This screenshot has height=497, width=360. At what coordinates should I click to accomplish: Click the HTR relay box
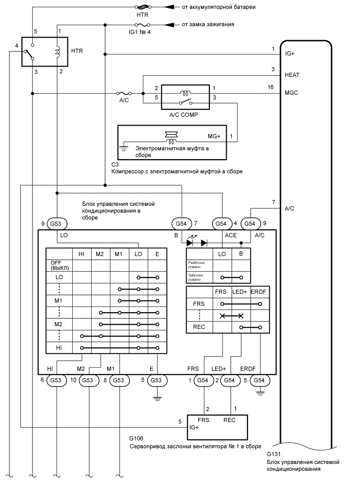pyautogui.click(x=44, y=51)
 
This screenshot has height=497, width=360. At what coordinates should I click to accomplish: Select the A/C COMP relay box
pyautogui.click(x=185, y=97)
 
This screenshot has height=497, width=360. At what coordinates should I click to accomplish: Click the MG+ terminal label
pyautogui.click(x=215, y=137)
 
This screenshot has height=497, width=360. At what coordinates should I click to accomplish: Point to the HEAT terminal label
pyautogui.click(x=292, y=75)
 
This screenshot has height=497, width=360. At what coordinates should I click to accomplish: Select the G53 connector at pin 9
pyautogui.click(x=56, y=224)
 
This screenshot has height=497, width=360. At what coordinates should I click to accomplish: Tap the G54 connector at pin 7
pyautogui.click(x=181, y=224)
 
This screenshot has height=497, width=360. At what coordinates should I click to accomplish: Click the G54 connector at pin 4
pyautogui.click(x=222, y=224)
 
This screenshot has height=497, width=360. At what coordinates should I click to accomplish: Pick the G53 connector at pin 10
pyautogui.click(x=89, y=380)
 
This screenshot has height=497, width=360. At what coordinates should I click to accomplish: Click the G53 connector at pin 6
pyautogui.click(x=56, y=380)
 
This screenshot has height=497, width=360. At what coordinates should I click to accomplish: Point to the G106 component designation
pyautogui.click(x=136, y=437)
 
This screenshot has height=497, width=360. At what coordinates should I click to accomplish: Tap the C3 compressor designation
pyautogui.click(x=115, y=164)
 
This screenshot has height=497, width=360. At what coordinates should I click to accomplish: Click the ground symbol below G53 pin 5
pyautogui.click(x=156, y=397)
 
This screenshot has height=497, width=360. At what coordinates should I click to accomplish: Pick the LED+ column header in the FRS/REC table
pyautogui.click(x=241, y=291)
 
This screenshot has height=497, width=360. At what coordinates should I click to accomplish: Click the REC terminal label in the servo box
pyautogui.click(x=229, y=419)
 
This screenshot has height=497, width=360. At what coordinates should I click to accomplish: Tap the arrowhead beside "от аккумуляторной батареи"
pyautogui.click(x=168, y=7)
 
